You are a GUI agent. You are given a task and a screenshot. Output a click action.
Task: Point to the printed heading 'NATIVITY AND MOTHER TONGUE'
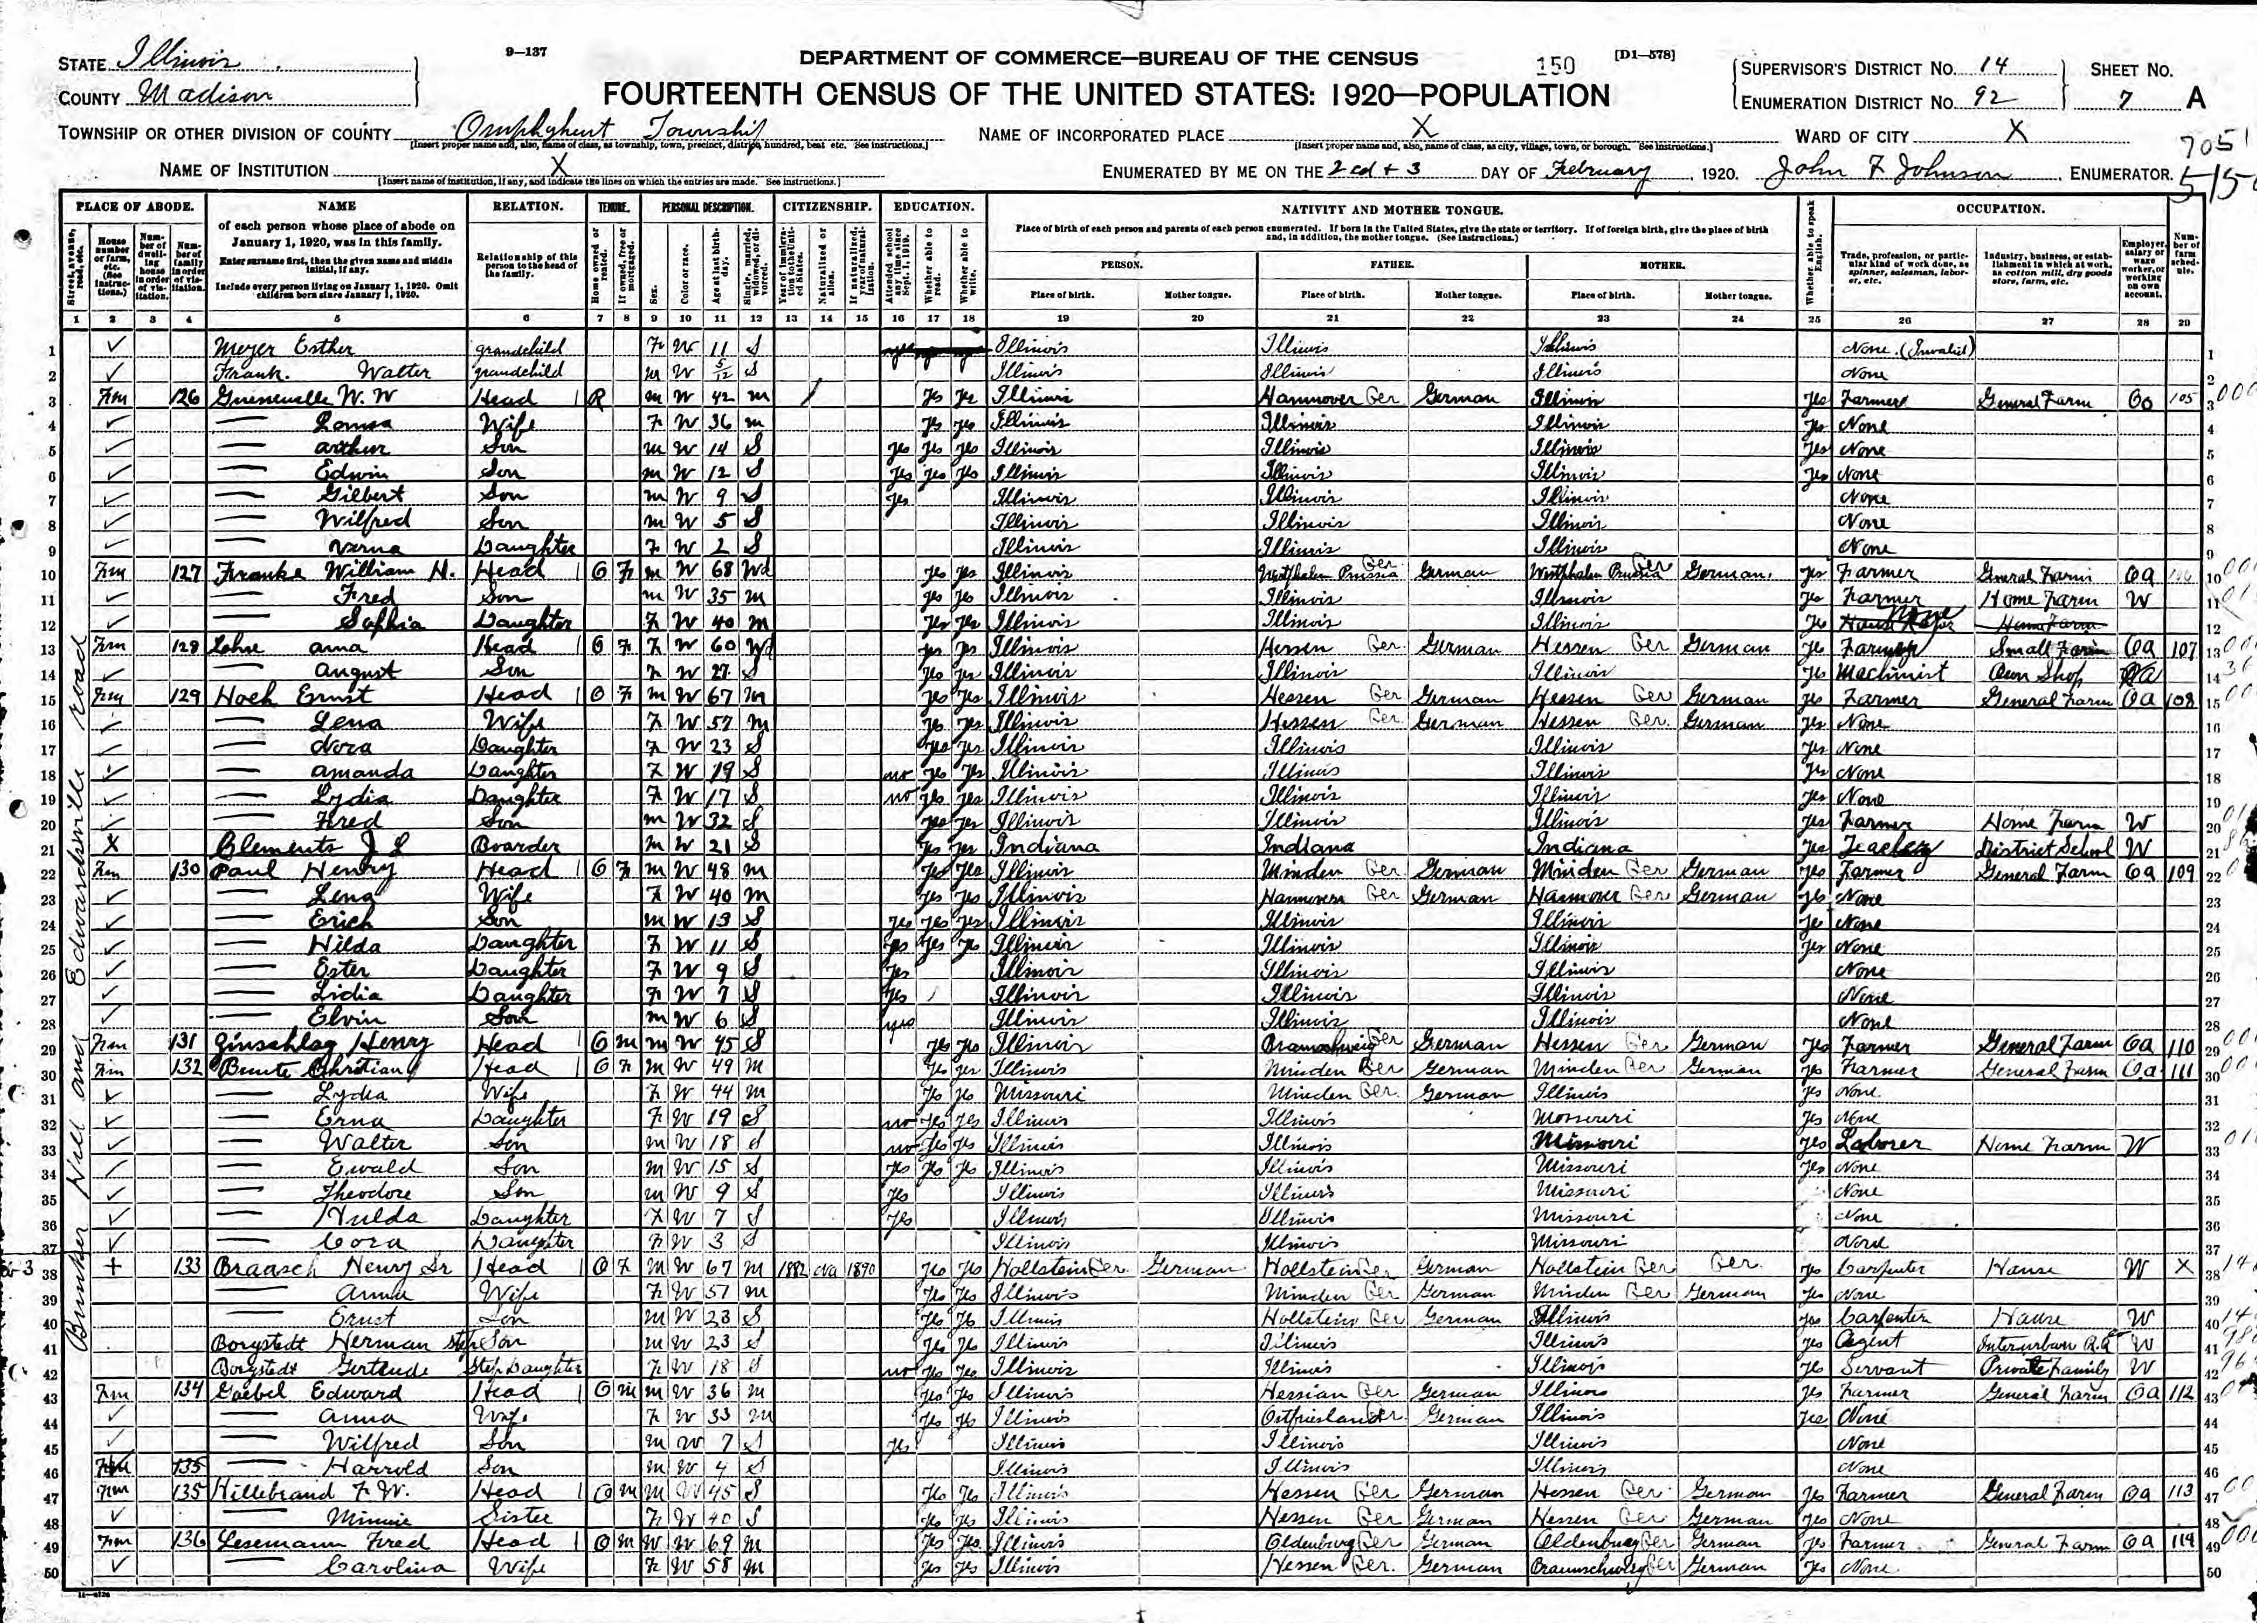[x=1391, y=210]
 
